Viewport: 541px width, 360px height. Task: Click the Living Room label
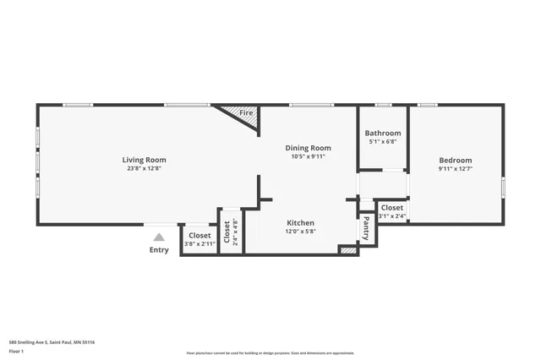pyautogui.click(x=144, y=160)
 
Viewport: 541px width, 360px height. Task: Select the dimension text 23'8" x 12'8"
pyautogui.click(x=144, y=168)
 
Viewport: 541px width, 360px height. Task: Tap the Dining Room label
pyautogui.click(x=308, y=148)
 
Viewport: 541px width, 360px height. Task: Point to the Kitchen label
pyautogui.click(x=300, y=222)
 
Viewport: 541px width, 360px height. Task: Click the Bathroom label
pyautogui.click(x=383, y=134)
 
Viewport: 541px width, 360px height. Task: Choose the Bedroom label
pyautogui.click(x=455, y=161)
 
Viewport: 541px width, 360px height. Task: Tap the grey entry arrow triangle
pyautogui.click(x=159, y=237)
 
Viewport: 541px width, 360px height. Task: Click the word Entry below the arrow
pyautogui.click(x=159, y=249)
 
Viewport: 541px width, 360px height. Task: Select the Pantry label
pyautogui.click(x=366, y=229)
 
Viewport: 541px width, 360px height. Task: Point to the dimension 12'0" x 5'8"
pyautogui.click(x=300, y=231)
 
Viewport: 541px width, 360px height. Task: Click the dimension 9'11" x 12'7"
pyautogui.click(x=455, y=169)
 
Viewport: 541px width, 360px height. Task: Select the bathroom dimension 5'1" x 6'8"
pyautogui.click(x=383, y=142)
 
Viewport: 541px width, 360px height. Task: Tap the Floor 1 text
pyautogui.click(x=18, y=351)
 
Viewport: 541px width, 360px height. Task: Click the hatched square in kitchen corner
pyautogui.click(x=347, y=250)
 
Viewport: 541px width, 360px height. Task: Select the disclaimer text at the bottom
pyautogui.click(x=270, y=353)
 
